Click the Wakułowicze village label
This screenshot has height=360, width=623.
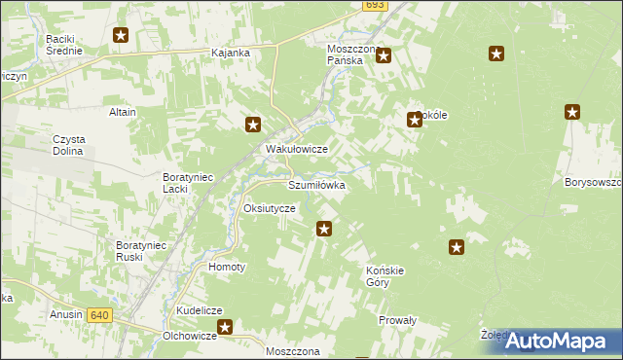pyautogui.click(x=297, y=149)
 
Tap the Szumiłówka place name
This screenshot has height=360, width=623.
pyautogui.click(x=316, y=184)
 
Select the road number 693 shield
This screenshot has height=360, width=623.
pyautogui.click(x=375, y=6)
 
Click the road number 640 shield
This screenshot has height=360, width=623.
pyautogui.click(x=98, y=315)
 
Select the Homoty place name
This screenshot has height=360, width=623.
pyautogui.click(x=227, y=266)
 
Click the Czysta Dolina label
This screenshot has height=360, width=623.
pyautogui.click(x=70, y=145)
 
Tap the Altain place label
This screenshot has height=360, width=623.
pyautogui.click(x=123, y=112)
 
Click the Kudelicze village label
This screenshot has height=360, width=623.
pyautogui.click(x=201, y=310)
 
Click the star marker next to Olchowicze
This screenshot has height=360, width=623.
pyautogui.click(x=226, y=329)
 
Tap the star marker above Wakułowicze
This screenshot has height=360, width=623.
pyautogui.click(x=253, y=124)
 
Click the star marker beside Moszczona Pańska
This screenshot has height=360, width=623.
pyautogui.click(x=384, y=56)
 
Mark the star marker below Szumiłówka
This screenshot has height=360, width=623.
pyautogui.click(x=325, y=230)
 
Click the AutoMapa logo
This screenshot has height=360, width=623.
pyautogui.click(x=562, y=341)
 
